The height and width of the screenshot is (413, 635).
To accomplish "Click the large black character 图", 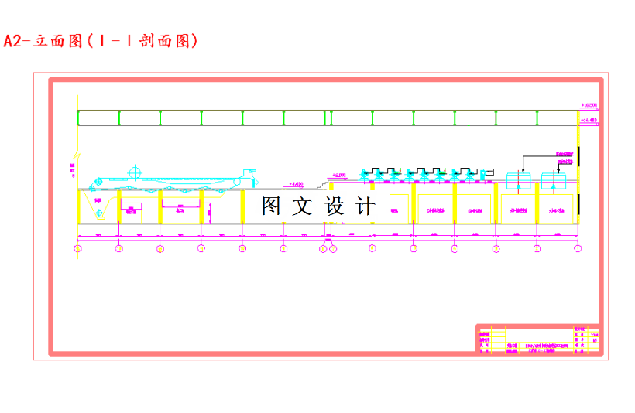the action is coord(271,206).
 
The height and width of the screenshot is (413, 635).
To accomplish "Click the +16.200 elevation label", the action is coord(589,104).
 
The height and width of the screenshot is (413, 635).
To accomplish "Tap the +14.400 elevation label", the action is coord(589,121).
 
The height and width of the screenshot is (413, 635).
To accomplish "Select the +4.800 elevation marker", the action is coord(296,184).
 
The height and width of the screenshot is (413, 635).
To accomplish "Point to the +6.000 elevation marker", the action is coord(338,176).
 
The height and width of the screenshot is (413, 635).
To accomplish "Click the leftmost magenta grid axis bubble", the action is coord(77,248).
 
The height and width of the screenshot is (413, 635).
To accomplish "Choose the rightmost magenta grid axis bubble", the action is coord(578,248).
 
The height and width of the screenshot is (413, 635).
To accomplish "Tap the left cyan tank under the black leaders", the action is coord(518,182).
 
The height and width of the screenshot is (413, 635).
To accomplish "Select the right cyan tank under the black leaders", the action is coord(554,182).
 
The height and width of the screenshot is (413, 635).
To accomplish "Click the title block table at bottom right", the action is coord(537,340).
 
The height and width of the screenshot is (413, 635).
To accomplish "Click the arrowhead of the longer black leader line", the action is coord(523,171).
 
